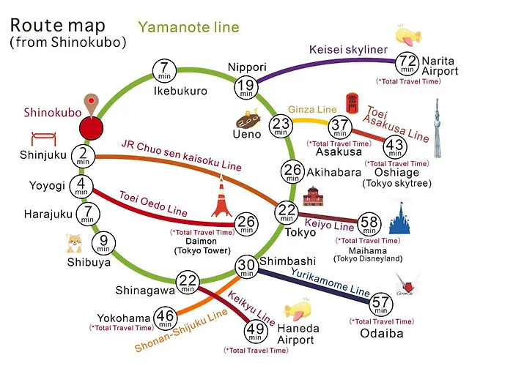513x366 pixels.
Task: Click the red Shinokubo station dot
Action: pyautogui.click(x=92, y=128)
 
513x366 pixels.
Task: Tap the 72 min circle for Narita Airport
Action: pyautogui.click(x=407, y=64)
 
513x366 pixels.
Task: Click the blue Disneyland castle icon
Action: pyautogui.click(x=400, y=218)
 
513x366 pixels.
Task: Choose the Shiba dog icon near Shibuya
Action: pyautogui.click(x=74, y=244)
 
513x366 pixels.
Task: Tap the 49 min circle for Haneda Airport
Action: pyautogui.click(x=256, y=332)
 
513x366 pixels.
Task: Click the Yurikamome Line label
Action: pyautogui.click(x=331, y=282)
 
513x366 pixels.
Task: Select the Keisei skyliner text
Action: pyautogui.click(x=348, y=50)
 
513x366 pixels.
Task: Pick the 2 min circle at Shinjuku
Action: pyautogui.click(x=83, y=156)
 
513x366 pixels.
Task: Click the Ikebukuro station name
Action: pyautogui.click(x=180, y=91)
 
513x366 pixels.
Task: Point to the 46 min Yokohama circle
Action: pyautogui.click(x=165, y=318)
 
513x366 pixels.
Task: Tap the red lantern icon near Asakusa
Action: pyautogui.click(x=352, y=103)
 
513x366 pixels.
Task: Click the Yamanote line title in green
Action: pyautogui.click(x=189, y=27)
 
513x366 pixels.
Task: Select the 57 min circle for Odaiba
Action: pyautogui.click(x=381, y=304)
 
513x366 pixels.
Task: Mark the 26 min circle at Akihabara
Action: pyautogui.click(x=292, y=171)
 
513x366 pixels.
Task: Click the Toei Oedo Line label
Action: pyautogui.click(x=153, y=204)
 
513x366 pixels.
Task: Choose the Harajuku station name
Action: pyautogui.click(x=48, y=214)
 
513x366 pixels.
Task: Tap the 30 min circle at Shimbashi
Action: pyautogui.click(x=246, y=266)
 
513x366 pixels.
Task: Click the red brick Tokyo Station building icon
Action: pyautogui.click(x=314, y=196)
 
